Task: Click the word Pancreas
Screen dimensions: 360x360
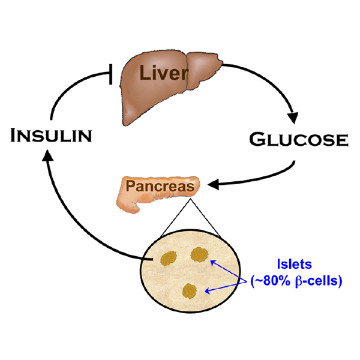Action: [x=159, y=186]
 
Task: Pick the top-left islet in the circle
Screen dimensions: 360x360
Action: [x=167, y=259]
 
